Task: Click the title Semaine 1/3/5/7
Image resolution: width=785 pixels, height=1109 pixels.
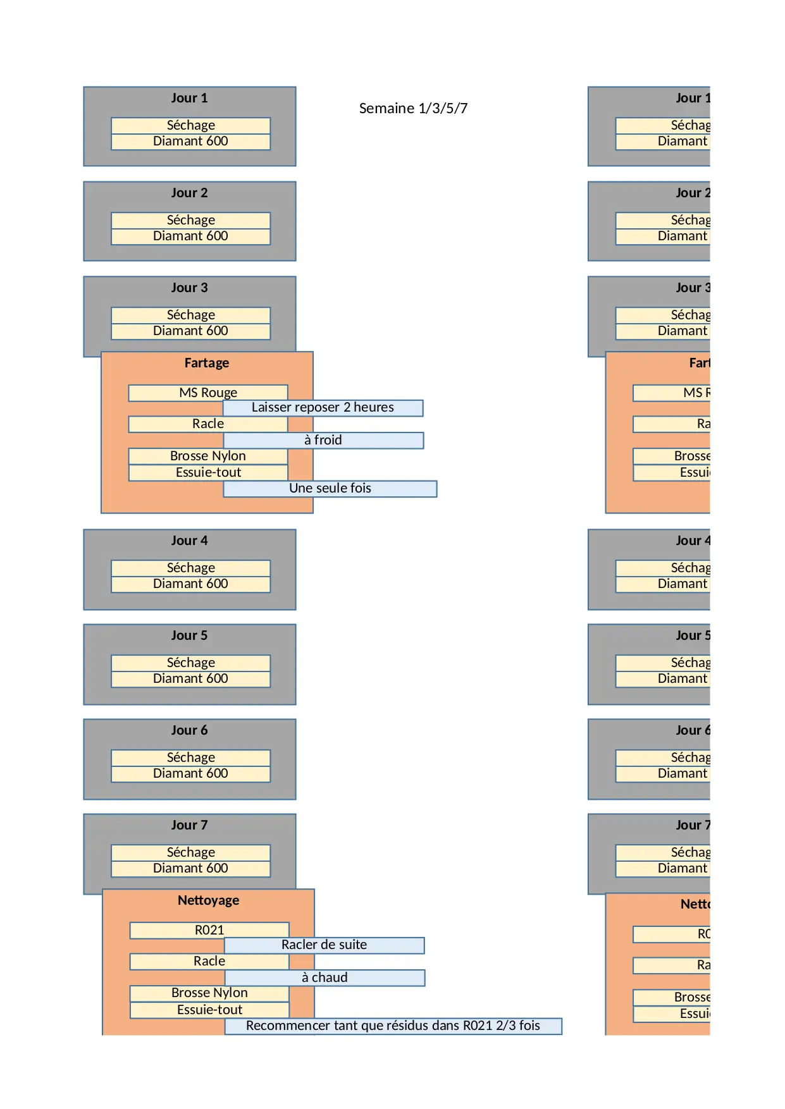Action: click(413, 108)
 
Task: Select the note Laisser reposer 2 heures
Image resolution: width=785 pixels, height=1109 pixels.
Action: click(323, 408)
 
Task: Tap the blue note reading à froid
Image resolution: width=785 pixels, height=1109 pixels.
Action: click(323, 440)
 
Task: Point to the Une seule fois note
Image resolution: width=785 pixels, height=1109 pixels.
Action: click(330, 489)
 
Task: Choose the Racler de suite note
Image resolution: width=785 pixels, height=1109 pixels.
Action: click(324, 945)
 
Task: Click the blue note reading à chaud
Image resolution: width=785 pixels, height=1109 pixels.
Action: click(325, 977)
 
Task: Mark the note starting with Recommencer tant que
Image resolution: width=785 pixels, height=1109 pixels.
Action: click(393, 1026)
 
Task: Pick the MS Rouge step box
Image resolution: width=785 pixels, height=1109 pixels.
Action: click(208, 393)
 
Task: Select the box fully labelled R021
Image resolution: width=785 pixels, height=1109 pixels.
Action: click(209, 930)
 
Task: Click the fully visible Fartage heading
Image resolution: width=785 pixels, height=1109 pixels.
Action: click(207, 363)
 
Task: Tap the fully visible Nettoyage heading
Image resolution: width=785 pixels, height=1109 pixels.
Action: click(208, 900)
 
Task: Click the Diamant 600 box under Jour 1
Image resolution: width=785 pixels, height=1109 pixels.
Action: click(190, 142)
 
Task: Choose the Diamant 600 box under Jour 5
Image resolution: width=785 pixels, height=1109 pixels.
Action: click(190, 679)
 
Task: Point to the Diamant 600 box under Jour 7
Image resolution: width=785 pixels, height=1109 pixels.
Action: click(190, 869)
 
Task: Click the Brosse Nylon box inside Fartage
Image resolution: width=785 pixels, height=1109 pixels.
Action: click(208, 456)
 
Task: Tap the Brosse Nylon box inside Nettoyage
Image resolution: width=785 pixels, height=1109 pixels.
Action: click(209, 993)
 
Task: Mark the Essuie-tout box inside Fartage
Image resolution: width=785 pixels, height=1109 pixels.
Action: click(208, 473)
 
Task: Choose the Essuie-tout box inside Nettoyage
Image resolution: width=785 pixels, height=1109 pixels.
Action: click(209, 1010)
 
